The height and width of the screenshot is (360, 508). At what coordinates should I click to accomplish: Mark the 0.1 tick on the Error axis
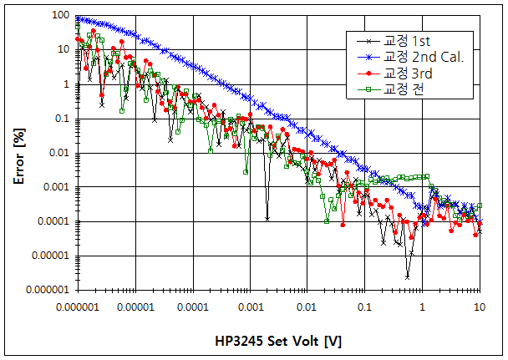pyautogui.click(x=59, y=119)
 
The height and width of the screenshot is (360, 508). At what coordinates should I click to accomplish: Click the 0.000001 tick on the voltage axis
pyautogui.click(x=77, y=307)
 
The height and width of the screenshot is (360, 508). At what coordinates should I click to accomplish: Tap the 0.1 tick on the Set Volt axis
pyautogui.click(x=365, y=307)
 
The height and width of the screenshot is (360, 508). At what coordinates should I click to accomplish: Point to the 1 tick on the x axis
pyautogui.click(x=423, y=307)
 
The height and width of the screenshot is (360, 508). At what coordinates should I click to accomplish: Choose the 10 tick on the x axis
pyautogui.click(x=480, y=307)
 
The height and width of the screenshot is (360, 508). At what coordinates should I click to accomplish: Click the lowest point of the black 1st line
pyautogui.click(x=408, y=276)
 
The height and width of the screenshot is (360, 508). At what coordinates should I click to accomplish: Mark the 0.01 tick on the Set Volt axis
pyautogui.click(x=307, y=307)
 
